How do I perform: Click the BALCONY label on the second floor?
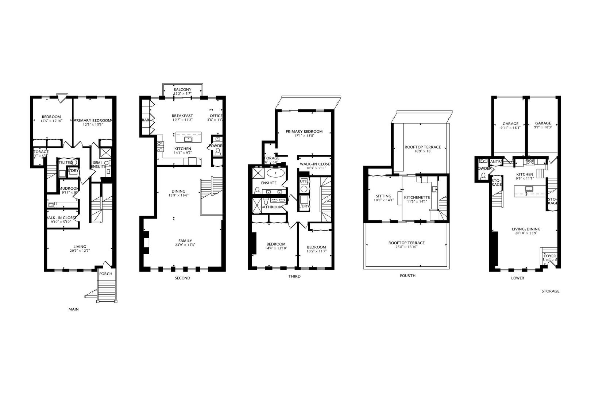click(x=182, y=90)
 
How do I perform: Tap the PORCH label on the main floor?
click(x=106, y=274)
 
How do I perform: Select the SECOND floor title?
click(x=182, y=278)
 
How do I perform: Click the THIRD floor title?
click(x=294, y=276)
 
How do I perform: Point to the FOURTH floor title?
click(x=407, y=276)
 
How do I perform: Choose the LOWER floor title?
click(x=517, y=278)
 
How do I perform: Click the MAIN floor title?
click(x=74, y=309)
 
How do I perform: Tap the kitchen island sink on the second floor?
click(x=189, y=139)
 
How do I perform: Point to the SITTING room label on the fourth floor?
click(x=383, y=196)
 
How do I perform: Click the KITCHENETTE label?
click(x=417, y=197)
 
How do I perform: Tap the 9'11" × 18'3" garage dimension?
click(x=510, y=128)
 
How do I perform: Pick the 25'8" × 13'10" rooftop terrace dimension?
click(x=406, y=247)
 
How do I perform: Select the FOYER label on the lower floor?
click(x=550, y=256)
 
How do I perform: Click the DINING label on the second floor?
click(x=178, y=191)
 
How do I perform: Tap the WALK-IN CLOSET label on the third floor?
click(x=316, y=164)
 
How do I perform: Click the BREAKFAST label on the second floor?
click(x=182, y=116)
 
